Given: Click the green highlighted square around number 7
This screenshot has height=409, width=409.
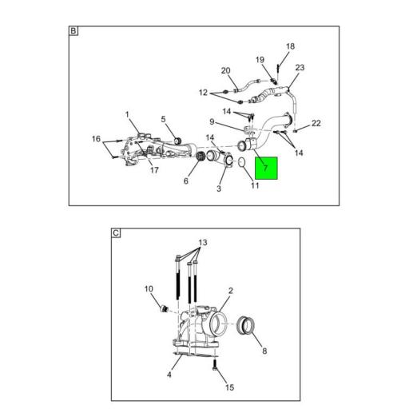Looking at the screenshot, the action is (266, 168).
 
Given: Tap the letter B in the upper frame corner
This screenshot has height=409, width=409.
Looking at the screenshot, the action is (73, 31).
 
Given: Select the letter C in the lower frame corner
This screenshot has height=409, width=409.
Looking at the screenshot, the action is (116, 233).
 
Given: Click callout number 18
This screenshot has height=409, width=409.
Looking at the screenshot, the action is (290, 46).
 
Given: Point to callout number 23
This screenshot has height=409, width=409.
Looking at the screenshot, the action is (300, 68).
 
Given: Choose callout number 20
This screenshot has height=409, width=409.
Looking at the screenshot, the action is (225, 71).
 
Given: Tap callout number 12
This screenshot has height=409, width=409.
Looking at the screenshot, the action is (203, 93).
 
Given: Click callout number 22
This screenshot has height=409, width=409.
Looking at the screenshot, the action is (316, 123).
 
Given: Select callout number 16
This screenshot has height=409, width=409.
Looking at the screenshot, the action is (96, 139).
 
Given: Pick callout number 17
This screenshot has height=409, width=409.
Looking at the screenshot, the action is (154, 170).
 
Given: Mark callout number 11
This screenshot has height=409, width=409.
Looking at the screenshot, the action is (255, 185).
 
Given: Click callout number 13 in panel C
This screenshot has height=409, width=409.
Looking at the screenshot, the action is (203, 243).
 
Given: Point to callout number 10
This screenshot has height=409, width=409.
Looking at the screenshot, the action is (149, 289).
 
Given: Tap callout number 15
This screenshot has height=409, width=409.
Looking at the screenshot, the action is (229, 387).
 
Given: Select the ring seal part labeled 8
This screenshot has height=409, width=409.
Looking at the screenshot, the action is (245, 326).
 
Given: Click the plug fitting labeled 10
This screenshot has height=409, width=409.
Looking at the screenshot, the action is (163, 308).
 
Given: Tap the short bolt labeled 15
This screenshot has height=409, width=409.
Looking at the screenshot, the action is (215, 364).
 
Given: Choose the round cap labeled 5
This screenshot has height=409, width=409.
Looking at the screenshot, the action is (177, 141).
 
